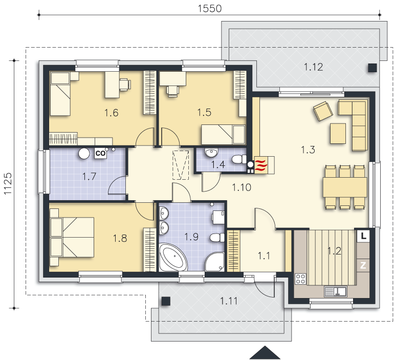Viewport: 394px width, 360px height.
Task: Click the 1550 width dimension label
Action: tap(210, 8)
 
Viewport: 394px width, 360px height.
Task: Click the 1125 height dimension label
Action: tap(8, 183)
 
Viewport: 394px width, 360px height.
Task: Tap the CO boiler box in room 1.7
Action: tap(101, 153)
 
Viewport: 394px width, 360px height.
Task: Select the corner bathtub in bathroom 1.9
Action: tap(173, 257)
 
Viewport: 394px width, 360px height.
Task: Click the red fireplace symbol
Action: tap(261, 165)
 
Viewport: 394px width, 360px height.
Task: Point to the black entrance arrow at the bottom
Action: tap(265, 352)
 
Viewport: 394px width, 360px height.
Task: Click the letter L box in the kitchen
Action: tap(363, 236)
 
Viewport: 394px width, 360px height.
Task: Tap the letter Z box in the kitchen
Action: tap(363, 265)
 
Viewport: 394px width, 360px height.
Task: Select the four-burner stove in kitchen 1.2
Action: tap(300, 279)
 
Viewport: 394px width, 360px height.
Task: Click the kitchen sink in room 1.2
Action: tap(336, 291)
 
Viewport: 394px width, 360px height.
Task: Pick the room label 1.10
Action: tap(242, 187)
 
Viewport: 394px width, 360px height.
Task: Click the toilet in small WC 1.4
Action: tap(239, 159)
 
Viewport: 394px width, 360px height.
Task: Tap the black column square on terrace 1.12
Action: tap(373, 68)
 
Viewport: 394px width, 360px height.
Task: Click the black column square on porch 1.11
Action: tap(166, 301)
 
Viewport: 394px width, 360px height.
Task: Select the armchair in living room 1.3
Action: tap(323, 111)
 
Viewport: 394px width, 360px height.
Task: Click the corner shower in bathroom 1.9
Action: tap(214, 262)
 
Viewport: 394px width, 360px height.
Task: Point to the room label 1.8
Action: tap(120, 238)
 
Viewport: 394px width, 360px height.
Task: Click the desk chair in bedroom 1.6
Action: tap(125, 84)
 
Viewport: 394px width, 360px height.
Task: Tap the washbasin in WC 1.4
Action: tap(211, 153)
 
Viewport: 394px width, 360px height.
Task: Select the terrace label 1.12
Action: tap(313, 67)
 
